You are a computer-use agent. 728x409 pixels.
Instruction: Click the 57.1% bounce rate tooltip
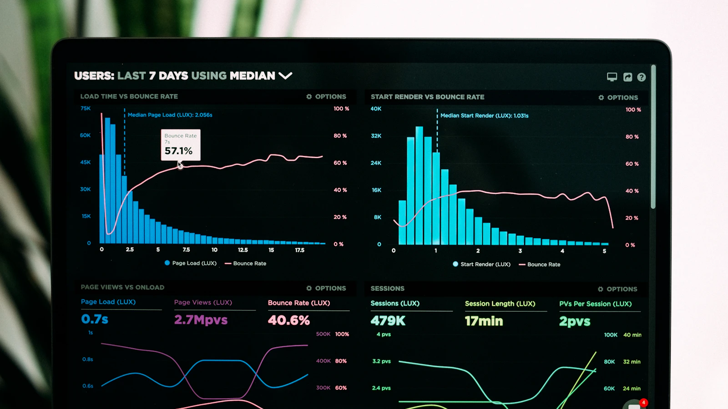181,145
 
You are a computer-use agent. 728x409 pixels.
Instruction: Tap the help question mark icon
642,77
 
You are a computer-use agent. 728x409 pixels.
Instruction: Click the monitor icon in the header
612,77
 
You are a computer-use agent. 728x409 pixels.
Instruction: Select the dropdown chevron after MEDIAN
286,75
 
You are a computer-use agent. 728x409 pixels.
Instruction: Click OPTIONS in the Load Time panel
326,97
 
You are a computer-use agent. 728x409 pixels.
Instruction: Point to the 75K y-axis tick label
86,108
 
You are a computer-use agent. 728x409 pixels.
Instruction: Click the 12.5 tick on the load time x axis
243,250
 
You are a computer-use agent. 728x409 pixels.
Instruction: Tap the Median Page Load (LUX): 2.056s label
170,115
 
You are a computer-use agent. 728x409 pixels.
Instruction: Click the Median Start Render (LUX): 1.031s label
484,116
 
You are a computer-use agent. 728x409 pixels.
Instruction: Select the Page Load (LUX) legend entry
191,263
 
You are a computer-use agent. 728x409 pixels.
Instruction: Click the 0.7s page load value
95,319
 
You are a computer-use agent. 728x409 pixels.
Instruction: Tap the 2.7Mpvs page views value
201,320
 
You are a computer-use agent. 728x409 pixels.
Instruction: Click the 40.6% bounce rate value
289,320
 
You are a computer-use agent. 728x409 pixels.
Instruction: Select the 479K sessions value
388,321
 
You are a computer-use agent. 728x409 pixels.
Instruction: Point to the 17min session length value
484,321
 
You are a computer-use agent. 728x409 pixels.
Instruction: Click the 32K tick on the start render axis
376,136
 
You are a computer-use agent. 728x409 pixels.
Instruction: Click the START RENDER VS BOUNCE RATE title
427,97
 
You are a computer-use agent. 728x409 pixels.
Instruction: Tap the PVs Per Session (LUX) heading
595,304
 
